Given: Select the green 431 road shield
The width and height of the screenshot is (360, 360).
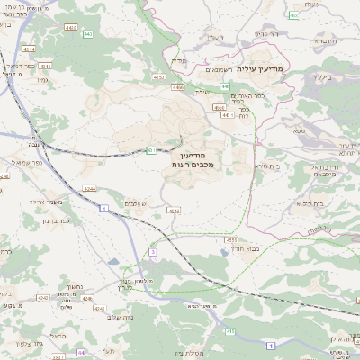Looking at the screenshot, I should tap(149, 149).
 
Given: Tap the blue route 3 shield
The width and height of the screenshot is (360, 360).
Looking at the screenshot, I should tap(153, 253).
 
